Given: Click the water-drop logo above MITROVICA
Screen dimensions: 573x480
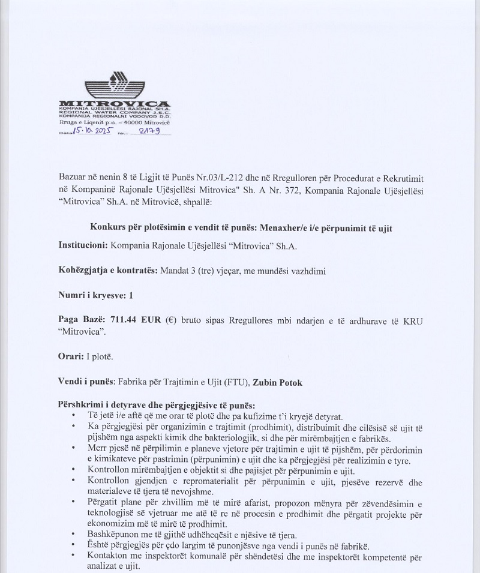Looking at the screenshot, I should point(115,85).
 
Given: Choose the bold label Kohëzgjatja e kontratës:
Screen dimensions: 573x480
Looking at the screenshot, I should point(109,271).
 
